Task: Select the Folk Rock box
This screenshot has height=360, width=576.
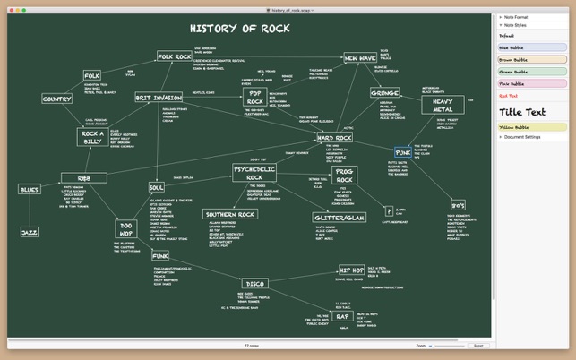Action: (x=175, y=57)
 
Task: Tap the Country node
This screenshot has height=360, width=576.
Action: (x=57, y=99)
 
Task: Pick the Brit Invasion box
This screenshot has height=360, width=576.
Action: (x=158, y=98)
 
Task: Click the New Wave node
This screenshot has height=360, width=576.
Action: (x=359, y=58)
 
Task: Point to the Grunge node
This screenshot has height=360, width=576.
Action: (x=384, y=92)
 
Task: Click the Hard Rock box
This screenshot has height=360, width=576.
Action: (x=334, y=138)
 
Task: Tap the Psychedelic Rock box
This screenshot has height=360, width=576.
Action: (x=254, y=172)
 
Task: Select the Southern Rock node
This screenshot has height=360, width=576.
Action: (x=230, y=215)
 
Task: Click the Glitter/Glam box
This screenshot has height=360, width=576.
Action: (x=339, y=218)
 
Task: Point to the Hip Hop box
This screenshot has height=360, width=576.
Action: (x=351, y=269)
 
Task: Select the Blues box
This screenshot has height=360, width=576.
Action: (x=30, y=189)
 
